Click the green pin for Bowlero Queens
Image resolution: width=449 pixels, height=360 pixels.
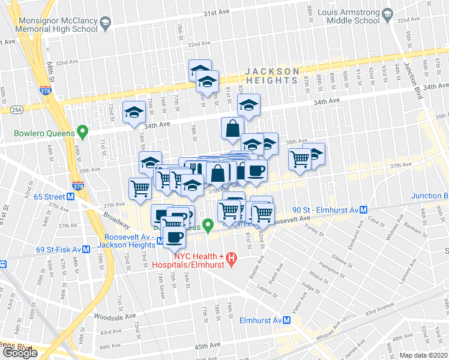point(85,132)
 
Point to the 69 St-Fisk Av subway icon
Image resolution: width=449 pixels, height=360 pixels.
point(86,249)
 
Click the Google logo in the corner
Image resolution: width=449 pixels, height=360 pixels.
point(20,353)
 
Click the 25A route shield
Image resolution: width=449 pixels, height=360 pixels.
point(16,109)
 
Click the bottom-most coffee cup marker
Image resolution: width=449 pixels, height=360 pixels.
point(174,237)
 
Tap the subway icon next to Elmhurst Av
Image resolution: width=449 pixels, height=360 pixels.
point(288,320)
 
